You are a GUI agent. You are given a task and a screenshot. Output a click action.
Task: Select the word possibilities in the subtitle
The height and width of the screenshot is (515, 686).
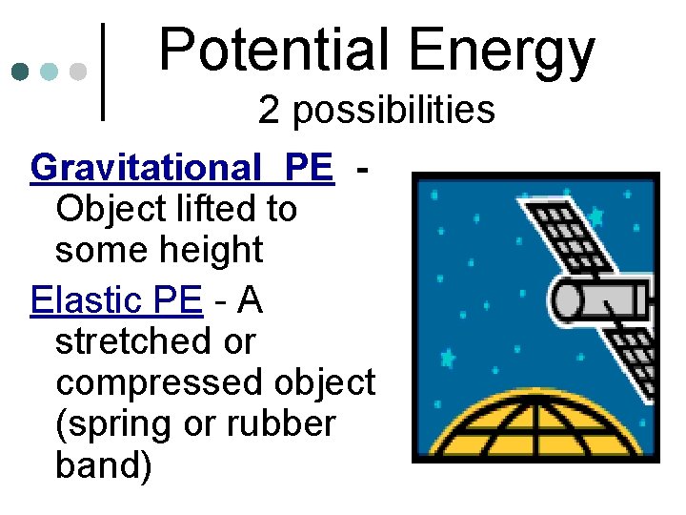click(x=393, y=111)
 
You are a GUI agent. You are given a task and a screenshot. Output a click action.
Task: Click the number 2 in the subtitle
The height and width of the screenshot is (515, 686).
click(x=270, y=111)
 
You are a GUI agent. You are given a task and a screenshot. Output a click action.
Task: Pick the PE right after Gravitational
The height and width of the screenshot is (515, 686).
click(x=309, y=168)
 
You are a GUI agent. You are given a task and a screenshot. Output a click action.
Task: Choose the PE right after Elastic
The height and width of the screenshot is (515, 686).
click(x=178, y=300)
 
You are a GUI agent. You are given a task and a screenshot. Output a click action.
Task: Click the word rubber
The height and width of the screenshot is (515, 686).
click(x=281, y=424)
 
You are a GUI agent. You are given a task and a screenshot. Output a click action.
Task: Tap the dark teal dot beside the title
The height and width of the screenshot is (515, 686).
click(x=20, y=72)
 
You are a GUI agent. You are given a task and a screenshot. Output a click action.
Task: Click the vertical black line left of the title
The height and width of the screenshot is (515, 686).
click(x=102, y=72)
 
